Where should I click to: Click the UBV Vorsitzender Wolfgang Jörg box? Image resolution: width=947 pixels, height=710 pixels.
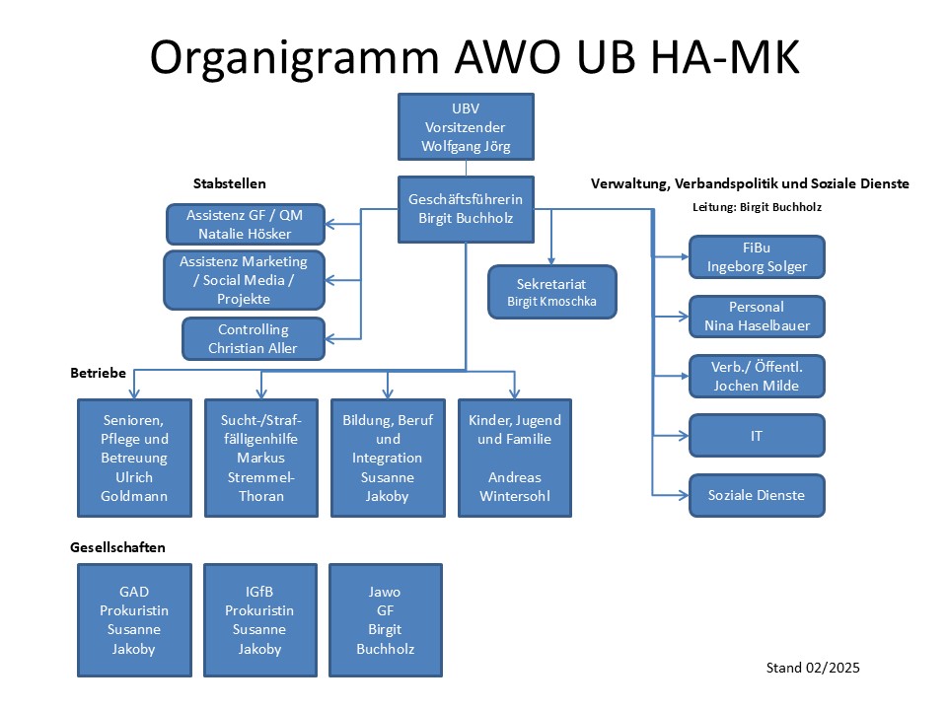466,126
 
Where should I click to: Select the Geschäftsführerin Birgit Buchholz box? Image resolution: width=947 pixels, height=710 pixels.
466,209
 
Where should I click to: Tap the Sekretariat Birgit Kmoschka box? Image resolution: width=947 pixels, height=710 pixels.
551,291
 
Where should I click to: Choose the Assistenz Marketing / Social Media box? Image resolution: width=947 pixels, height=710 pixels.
244,279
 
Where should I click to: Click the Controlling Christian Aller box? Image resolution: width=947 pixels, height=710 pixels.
253,338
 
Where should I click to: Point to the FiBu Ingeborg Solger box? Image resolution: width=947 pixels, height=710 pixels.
757,256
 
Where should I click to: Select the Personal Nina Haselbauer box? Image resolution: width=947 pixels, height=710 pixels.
757,317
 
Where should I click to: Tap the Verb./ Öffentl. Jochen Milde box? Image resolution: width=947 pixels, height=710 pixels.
757,376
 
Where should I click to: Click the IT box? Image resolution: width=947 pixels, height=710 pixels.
757,435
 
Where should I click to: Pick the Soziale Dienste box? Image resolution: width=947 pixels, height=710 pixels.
757,495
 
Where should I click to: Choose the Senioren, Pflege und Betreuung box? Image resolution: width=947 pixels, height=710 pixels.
134,458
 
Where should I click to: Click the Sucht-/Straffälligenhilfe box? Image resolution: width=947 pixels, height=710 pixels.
260,458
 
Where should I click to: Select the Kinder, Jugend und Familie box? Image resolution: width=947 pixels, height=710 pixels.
514,458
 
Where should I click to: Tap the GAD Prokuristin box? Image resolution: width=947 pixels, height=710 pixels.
134,620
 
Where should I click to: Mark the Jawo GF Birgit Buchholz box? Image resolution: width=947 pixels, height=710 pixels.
385,620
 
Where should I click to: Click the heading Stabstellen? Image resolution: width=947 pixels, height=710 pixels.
229,183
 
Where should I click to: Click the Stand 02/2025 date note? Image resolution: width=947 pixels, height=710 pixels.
813,668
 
